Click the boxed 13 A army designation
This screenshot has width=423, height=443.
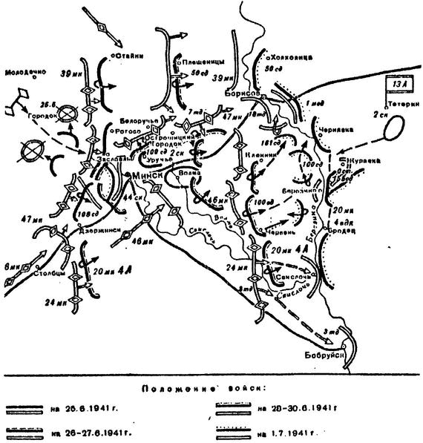[394, 85]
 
